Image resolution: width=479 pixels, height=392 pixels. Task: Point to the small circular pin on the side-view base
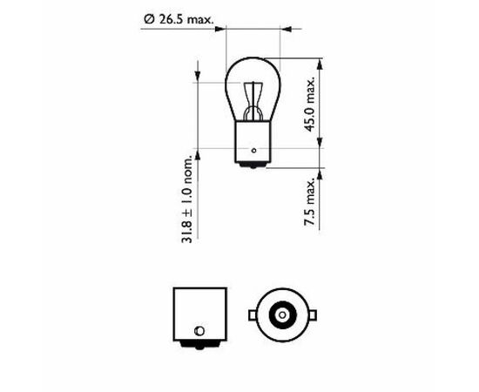click(199, 331)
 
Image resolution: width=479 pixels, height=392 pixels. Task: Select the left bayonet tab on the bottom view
click(251, 314)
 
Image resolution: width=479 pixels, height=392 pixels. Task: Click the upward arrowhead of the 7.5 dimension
click(322, 174)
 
